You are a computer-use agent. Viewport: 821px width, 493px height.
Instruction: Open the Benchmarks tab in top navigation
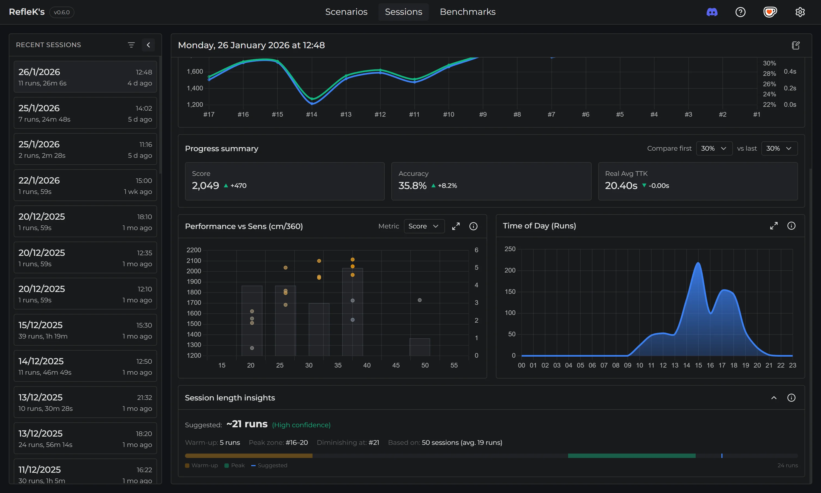pos(467,12)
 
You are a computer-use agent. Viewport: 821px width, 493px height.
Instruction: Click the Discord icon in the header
pos(712,12)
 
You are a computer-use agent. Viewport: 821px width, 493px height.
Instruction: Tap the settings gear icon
pos(800,12)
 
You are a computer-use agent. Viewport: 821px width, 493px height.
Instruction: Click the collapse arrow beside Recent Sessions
pos(148,45)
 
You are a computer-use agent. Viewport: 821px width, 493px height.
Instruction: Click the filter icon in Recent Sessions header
pos(131,45)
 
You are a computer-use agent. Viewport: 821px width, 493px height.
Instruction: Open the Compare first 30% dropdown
pos(714,148)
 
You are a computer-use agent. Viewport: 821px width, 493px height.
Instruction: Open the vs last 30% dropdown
pos(779,148)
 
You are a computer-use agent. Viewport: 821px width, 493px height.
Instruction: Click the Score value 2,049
pos(206,185)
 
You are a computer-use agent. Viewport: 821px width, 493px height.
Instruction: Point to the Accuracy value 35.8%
pos(412,185)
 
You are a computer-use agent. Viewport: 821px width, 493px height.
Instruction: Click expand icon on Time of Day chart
pos(774,226)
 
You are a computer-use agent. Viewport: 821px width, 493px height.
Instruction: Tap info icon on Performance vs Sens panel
pos(473,226)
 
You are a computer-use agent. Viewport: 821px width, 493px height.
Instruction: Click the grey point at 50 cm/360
pos(420,300)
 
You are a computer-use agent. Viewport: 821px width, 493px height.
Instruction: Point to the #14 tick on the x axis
pos(311,114)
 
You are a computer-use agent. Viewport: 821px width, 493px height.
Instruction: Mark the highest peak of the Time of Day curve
pos(698,263)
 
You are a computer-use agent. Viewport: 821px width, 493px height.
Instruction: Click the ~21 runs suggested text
pos(247,424)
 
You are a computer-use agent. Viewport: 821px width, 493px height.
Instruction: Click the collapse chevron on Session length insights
pos(774,398)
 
